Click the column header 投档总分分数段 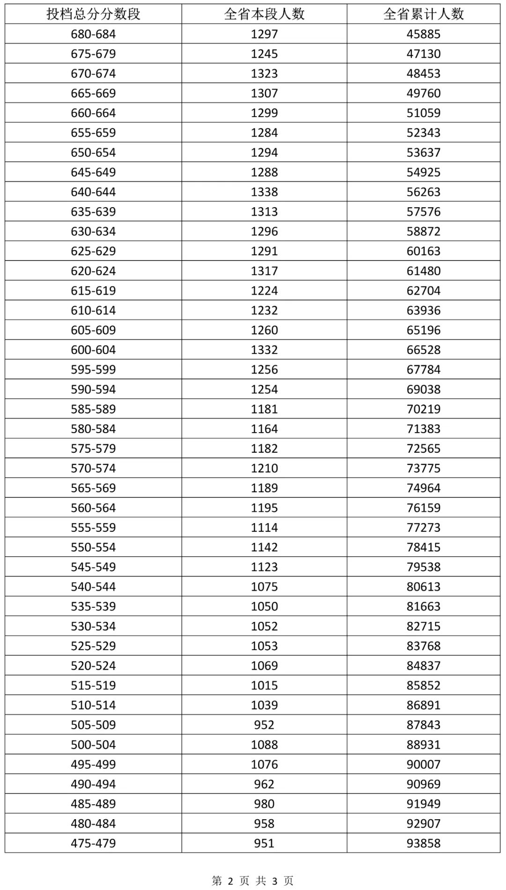[93, 14]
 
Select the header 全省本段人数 [264, 14]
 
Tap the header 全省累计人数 [424, 14]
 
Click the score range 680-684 [93, 34]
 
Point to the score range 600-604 [93, 350]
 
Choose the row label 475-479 [93, 843]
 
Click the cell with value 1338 [264, 192]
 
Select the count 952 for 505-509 [264, 725]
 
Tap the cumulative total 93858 [424, 843]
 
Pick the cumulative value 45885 [424, 34]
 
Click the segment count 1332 [264, 350]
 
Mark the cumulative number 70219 [424, 409]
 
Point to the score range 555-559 [93, 527]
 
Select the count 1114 [264, 527]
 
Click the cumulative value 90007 [424, 764]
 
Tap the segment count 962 [264, 784]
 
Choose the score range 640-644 [93, 192]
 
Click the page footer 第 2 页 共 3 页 [253, 881]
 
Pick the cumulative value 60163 [424, 251]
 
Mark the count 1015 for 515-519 [264, 685]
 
